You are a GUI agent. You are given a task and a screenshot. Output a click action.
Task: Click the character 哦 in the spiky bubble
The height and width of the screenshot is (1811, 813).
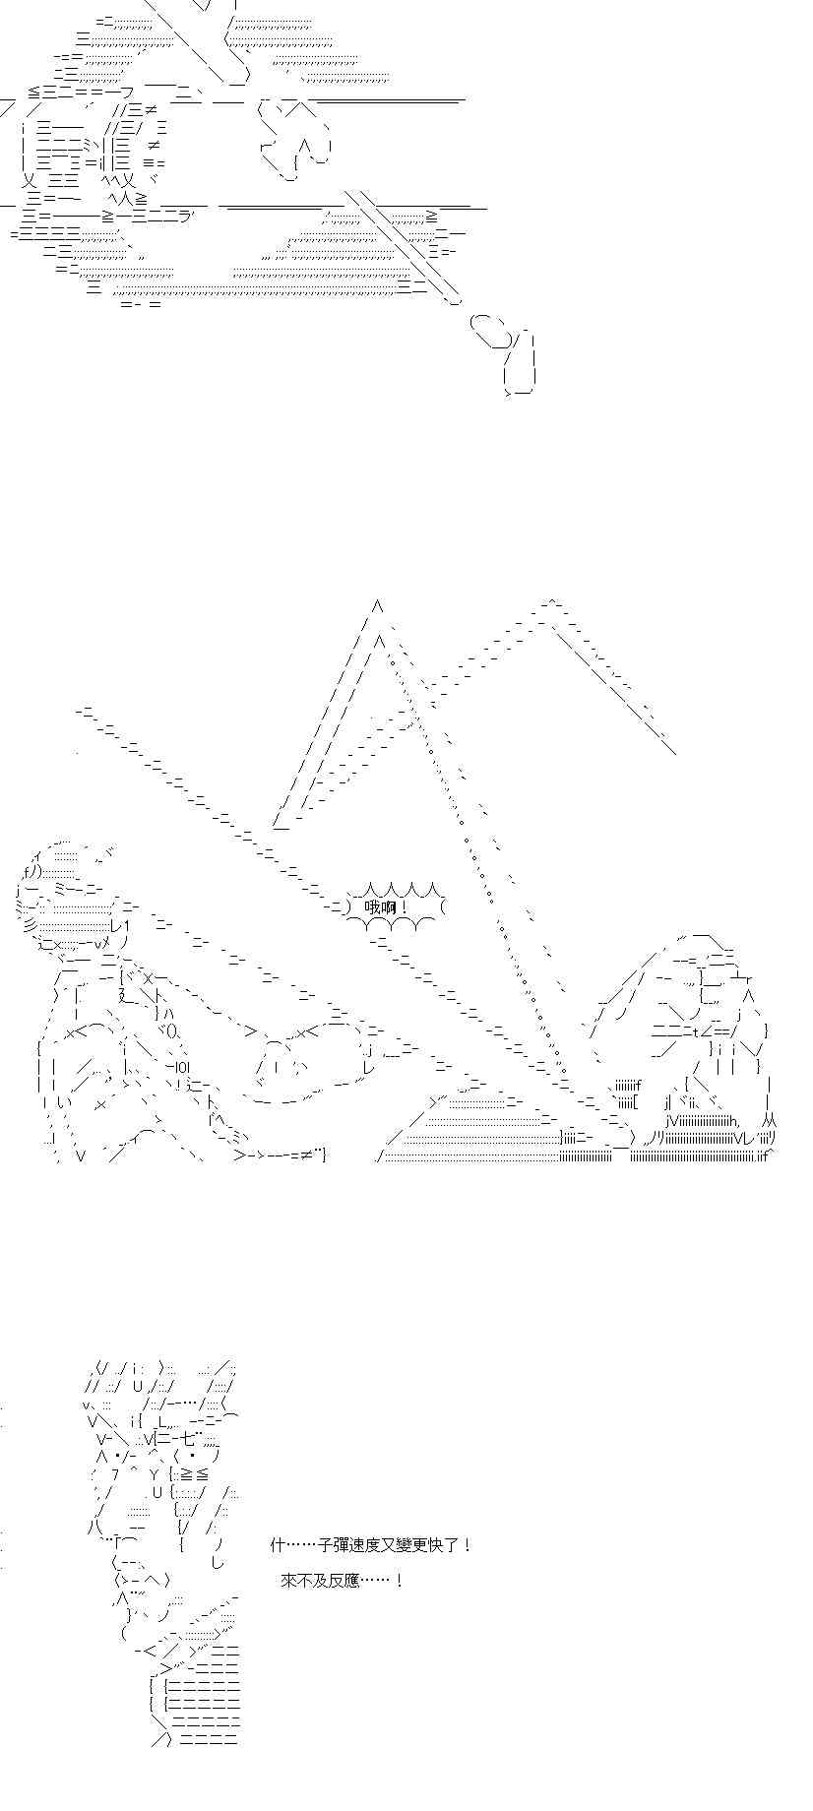(371, 906)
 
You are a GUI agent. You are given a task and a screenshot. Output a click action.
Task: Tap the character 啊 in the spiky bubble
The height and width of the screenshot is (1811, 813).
(387, 906)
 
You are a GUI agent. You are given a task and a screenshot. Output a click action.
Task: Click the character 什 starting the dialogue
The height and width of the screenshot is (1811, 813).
(278, 1545)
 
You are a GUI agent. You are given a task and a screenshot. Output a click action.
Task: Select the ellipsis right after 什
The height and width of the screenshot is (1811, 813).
(301, 1545)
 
